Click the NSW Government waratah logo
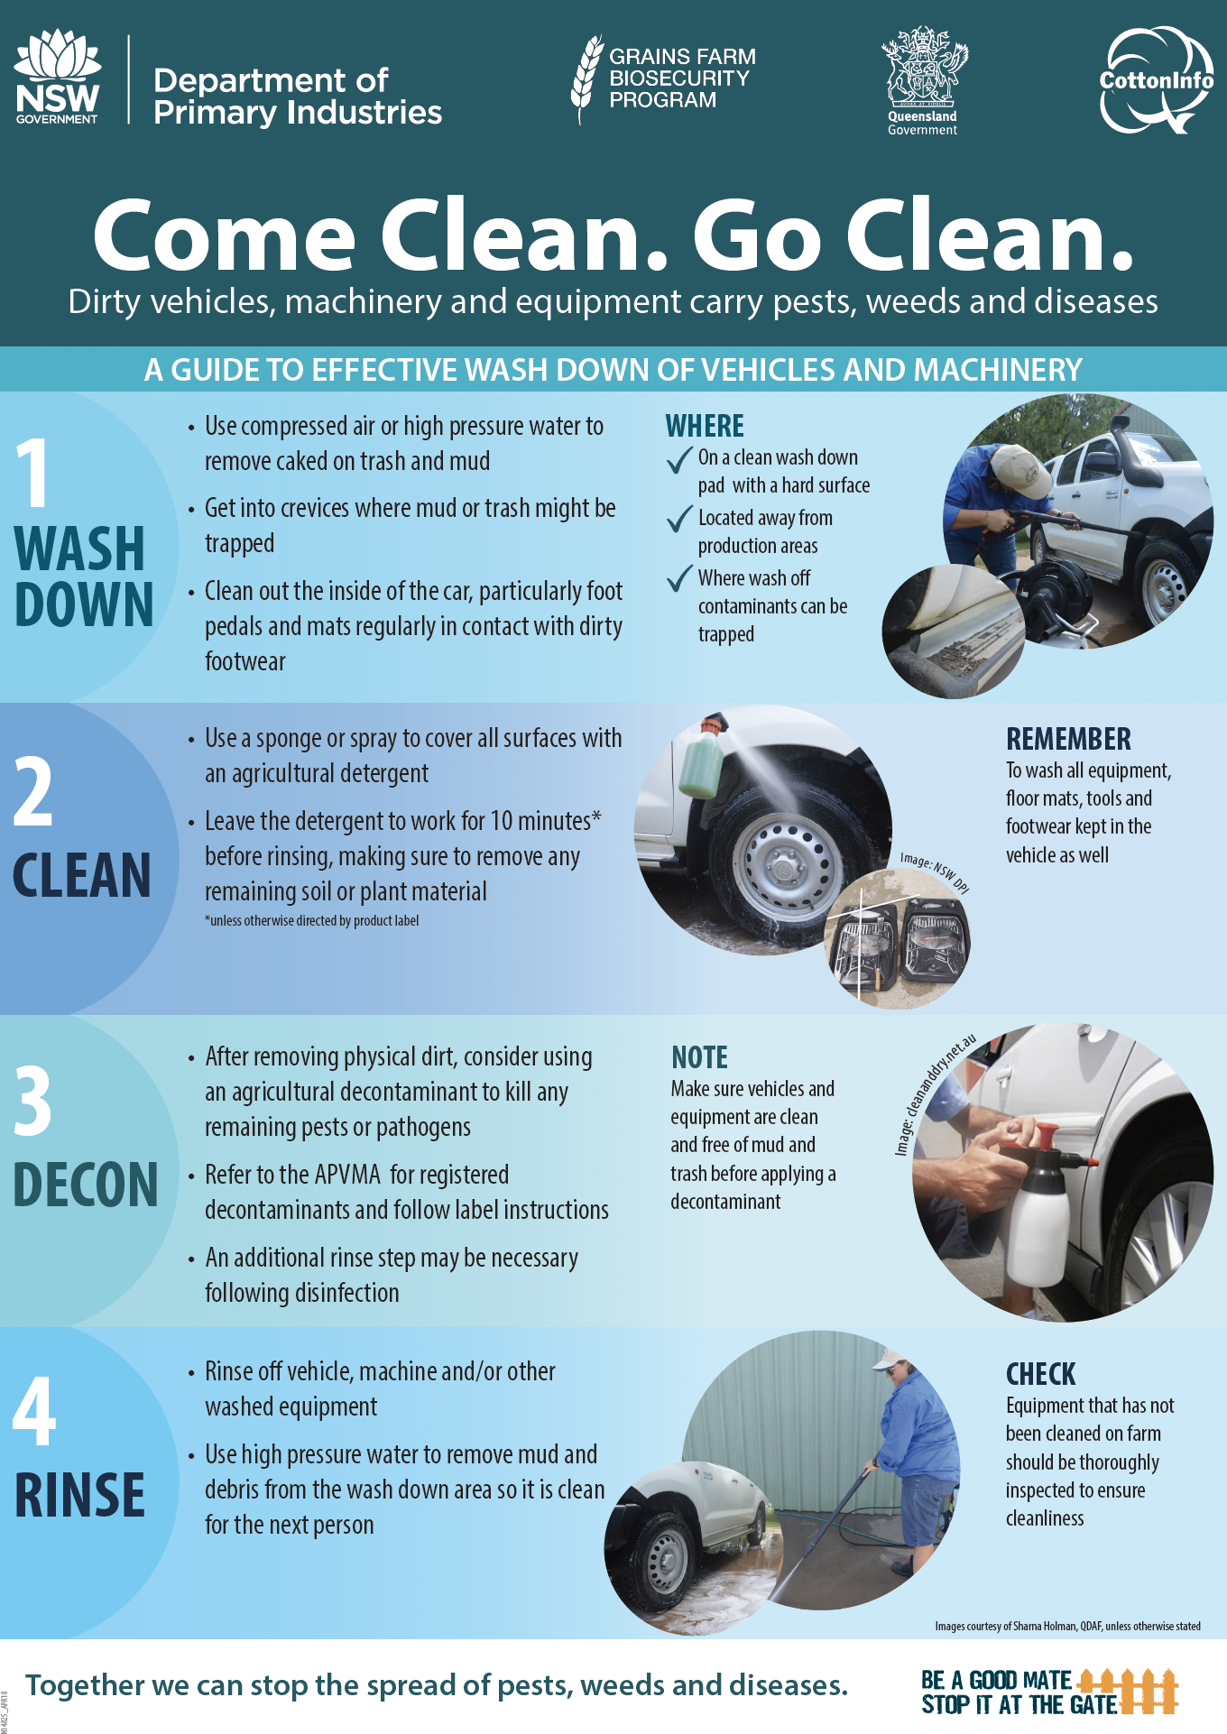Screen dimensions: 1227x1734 58,76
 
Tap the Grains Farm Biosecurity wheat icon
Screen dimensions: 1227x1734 586,79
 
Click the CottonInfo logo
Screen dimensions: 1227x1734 1157,80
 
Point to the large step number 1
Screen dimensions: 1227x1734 33,473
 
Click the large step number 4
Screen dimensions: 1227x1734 34,1410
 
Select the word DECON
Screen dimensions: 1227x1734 86,1185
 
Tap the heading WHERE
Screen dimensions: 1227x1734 705,426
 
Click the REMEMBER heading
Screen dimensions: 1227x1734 1068,739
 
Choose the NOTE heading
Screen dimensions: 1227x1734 699,1057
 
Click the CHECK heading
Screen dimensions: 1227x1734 1041,1374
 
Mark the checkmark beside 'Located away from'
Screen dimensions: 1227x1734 679,519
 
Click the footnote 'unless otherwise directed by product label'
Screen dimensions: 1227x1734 312,920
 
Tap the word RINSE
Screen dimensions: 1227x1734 79,1496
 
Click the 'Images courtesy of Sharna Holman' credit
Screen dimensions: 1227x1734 1067,1626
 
